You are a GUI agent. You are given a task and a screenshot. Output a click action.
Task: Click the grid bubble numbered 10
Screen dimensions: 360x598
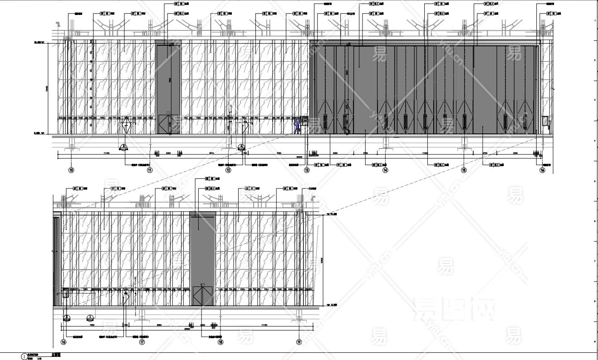(x=71, y=170)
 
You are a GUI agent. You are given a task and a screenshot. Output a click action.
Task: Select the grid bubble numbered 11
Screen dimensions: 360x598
(x=150, y=170)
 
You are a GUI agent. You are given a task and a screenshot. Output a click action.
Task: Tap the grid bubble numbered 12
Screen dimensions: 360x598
(x=228, y=170)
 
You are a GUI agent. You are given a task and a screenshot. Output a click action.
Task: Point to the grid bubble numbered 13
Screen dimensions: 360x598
(x=307, y=170)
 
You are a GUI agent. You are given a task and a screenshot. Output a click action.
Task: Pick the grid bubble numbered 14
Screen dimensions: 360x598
(x=385, y=170)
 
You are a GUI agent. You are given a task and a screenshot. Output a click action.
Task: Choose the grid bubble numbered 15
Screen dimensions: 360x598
(x=464, y=170)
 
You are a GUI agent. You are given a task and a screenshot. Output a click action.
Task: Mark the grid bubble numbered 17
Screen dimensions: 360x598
(x=142, y=342)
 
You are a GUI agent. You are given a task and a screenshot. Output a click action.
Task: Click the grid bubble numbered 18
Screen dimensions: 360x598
(x=221, y=342)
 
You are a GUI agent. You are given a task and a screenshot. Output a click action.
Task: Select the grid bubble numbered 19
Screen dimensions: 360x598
(x=299, y=342)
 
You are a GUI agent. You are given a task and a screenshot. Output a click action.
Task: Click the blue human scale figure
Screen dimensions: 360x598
(x=296, y=126)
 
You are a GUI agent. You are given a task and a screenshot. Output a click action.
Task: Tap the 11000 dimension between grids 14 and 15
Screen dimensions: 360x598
(x=425, y=154)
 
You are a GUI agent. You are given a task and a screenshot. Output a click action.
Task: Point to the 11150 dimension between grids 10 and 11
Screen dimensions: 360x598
(x=107, y=154)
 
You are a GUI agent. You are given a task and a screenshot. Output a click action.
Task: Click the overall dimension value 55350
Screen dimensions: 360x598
(x=299, y=157)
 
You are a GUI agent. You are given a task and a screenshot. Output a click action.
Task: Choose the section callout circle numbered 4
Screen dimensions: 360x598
(x=241, y=147)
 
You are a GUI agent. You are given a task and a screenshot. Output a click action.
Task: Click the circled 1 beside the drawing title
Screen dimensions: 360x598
(x=24, y=357)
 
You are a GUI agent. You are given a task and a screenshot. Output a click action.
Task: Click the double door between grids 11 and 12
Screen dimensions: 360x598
(x=165, y=124)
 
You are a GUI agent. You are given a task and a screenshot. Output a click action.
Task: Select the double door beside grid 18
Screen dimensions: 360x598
(x=202, y=296)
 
